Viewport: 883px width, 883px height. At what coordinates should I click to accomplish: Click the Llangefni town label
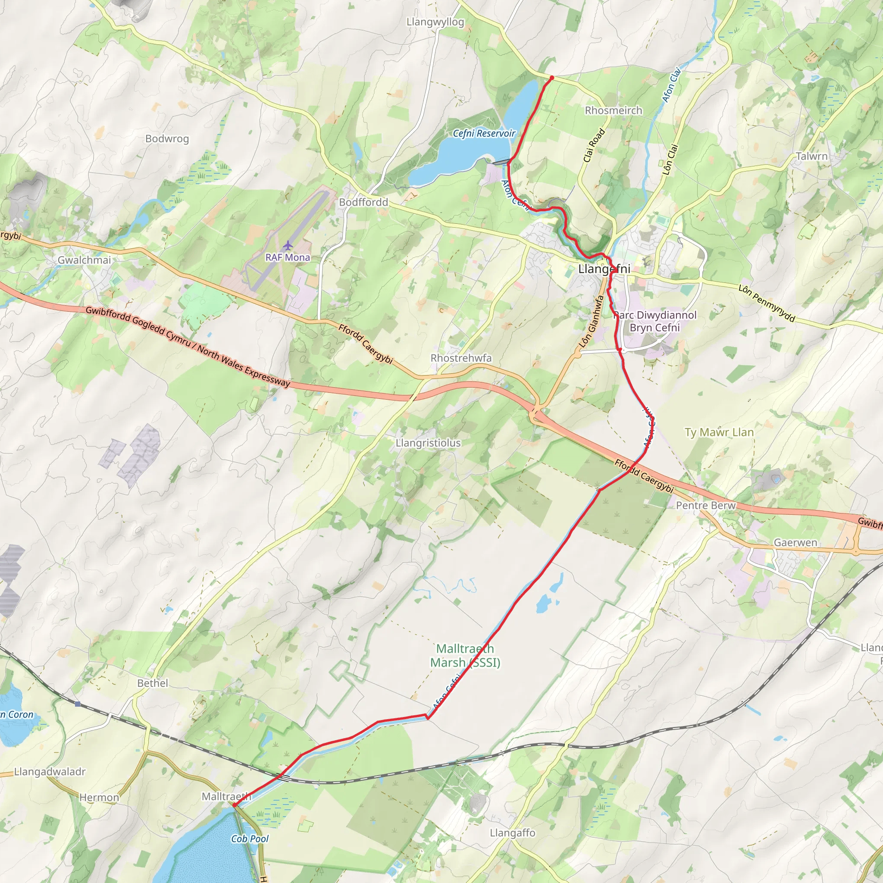[x=604, y=269]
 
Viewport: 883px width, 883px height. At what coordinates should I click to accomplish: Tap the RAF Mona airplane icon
[x=287, y=245]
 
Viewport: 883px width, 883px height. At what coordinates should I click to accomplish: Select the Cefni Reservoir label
[x=484, y=134]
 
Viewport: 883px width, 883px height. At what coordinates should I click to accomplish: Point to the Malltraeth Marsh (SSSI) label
[x=465, y=655]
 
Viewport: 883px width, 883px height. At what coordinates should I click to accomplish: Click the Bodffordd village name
[x=363, y=202]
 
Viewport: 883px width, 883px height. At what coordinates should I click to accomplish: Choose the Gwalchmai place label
[x=84, y=260]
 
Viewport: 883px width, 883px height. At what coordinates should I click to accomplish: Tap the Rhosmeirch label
[x=614, y=111]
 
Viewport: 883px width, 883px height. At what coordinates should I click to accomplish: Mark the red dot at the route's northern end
[x=551, y=78]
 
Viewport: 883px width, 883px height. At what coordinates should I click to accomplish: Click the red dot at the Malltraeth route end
[x=235, y=805]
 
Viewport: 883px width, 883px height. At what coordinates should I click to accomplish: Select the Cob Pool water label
[x=250, y=839]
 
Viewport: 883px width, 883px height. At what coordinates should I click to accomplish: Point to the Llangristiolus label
[x=428, y=443]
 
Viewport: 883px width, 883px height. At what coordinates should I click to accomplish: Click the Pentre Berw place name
[x=706, y=505]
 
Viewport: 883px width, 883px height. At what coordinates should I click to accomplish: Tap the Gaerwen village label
[x=795, y=542]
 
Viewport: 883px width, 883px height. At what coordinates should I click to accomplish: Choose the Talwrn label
[x=811, y=157]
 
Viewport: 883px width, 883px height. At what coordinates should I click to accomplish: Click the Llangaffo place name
[x=512, y=833]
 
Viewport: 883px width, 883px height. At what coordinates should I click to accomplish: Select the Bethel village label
[x=153, y=683]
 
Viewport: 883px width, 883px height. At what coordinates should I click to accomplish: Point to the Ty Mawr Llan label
[x=719, y=432]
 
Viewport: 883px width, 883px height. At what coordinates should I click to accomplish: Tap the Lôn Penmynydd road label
[x=767, y=303]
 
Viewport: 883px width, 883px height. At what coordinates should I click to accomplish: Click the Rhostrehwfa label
[x=461, y=358]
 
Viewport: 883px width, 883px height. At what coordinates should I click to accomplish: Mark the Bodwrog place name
[x=167, y=139]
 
